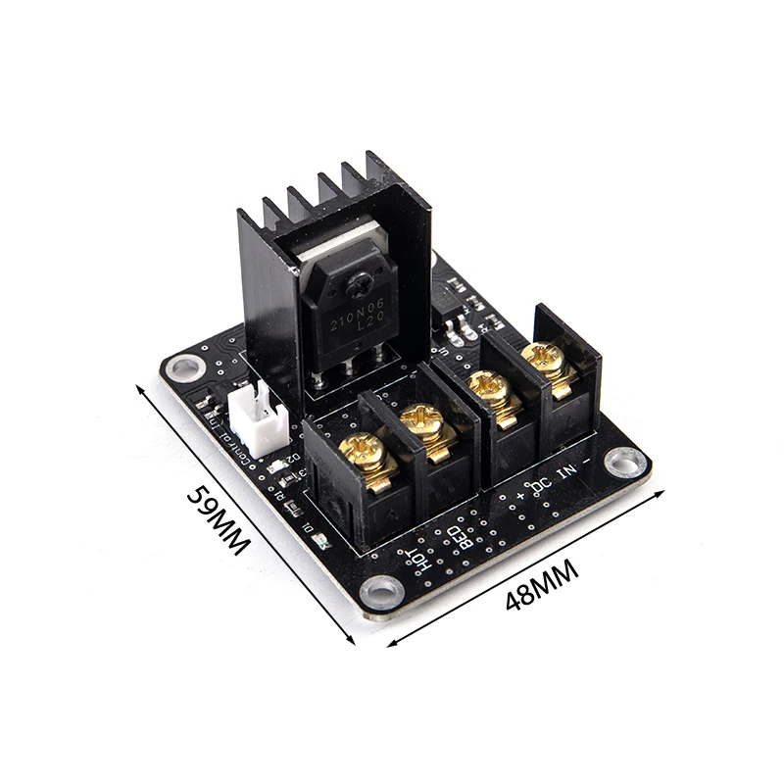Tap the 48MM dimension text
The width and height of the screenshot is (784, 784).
[542, 587]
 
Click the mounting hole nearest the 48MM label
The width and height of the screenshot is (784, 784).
[380, 591]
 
